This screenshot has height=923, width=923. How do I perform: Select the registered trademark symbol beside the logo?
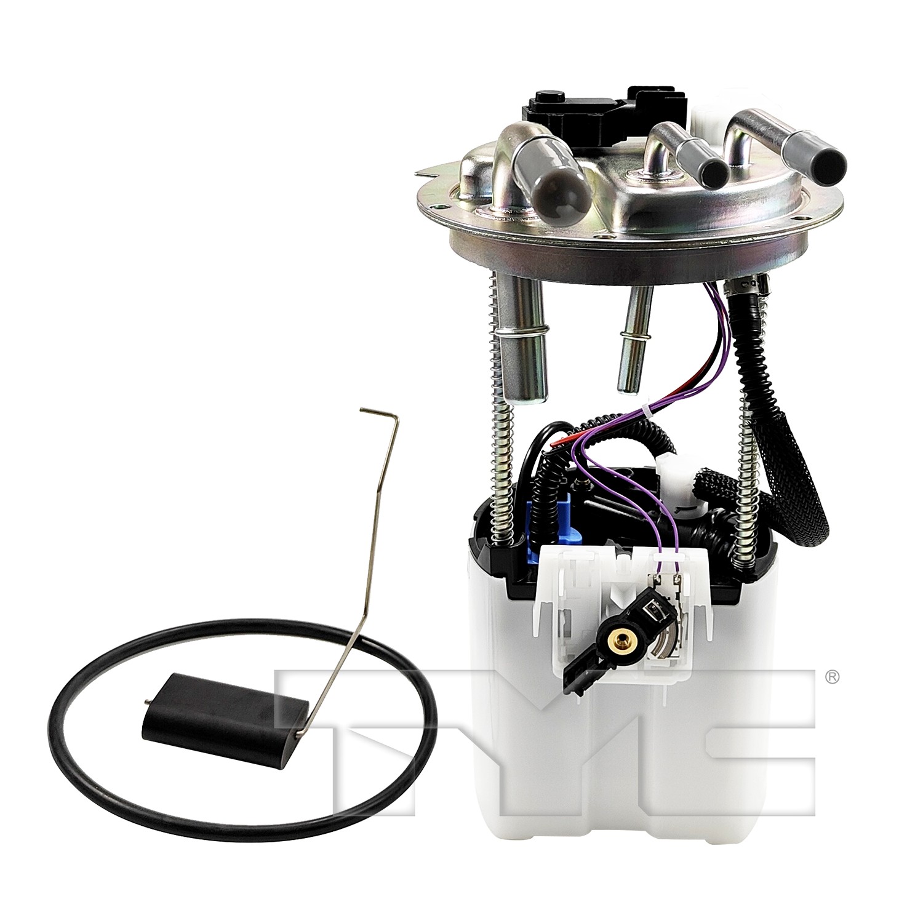click(831, 677)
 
